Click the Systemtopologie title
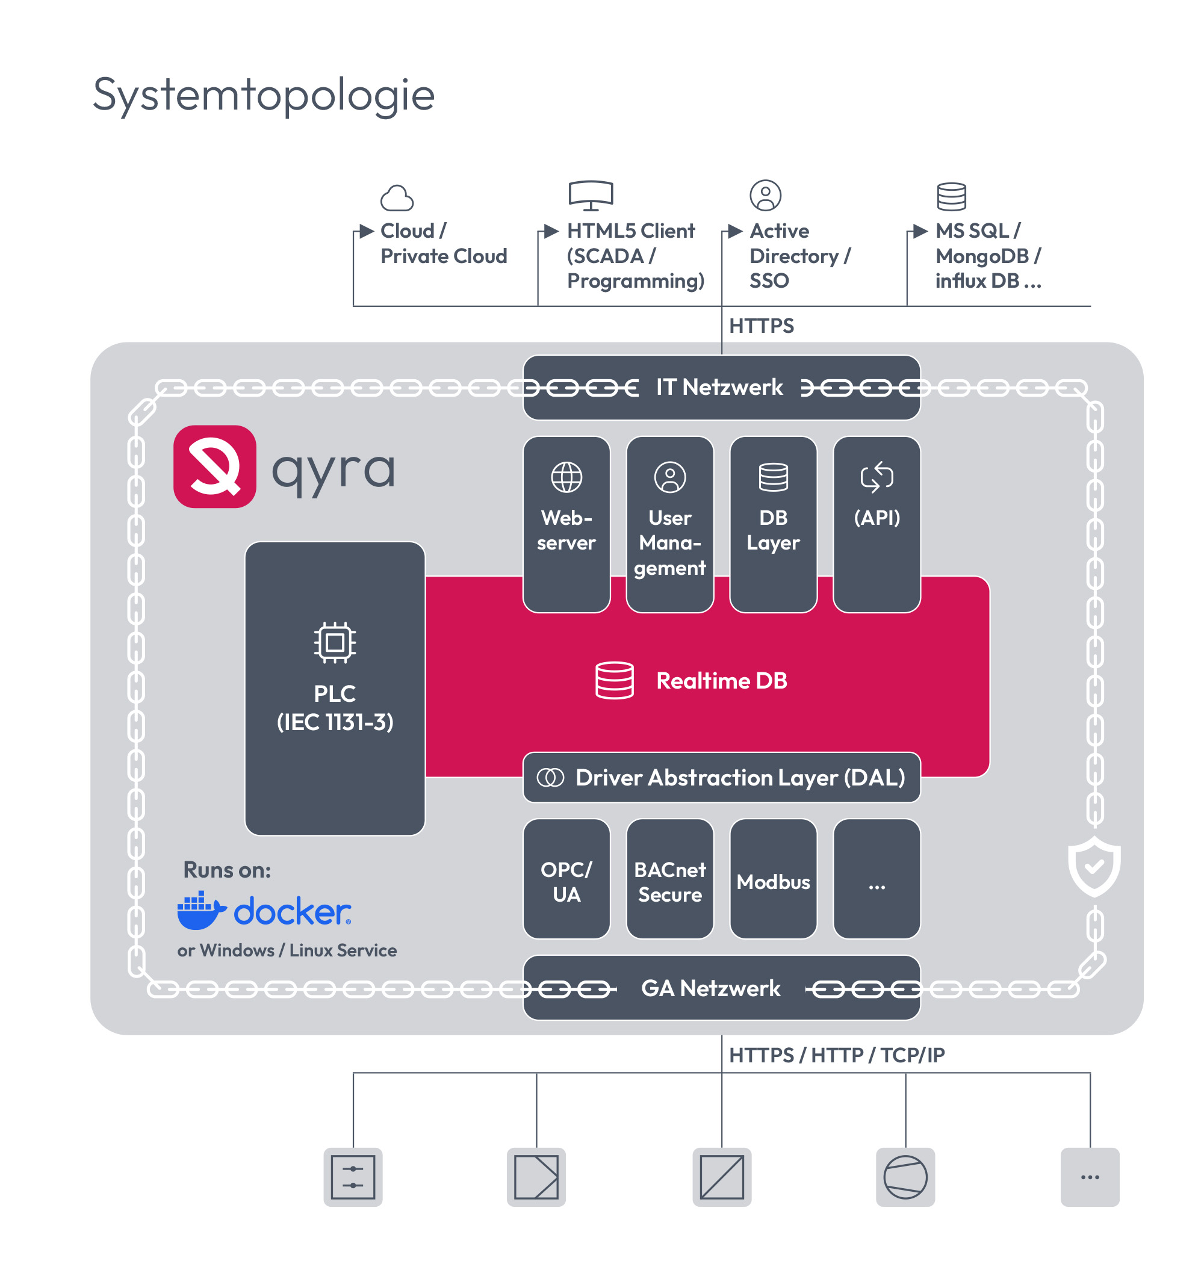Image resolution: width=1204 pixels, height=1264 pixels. coord(264,95)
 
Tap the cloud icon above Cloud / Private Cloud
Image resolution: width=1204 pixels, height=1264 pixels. coord(397,198)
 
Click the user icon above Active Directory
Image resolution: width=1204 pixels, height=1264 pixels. coord(765,195)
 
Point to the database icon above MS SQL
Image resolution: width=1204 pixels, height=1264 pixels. coord(951,196)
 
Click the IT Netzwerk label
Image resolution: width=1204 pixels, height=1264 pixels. coord(719,388)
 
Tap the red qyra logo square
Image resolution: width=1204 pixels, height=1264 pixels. coord(214,466)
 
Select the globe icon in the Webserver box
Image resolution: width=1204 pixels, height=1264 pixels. coord(566,477)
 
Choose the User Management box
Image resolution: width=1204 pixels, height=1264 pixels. coord(669,524)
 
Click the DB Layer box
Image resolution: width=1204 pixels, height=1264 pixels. coord(773,524)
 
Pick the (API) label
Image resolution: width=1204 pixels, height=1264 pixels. coord(877,518)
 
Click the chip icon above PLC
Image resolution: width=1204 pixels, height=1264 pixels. coord(334,642)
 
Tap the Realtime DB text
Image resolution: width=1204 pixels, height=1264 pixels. coord(721,681)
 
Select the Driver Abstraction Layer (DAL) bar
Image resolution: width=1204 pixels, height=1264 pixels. coord(721,778)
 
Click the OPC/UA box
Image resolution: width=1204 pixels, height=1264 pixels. coord(566,879)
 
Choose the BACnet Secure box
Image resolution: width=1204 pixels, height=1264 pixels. coord(669,879)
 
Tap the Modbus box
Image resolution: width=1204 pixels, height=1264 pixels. coord(773,879)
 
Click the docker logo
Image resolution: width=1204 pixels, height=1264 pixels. coord(264,910)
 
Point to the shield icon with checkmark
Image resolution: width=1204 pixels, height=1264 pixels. coord(1094,866)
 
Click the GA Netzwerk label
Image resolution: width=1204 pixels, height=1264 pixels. coord(710,988)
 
